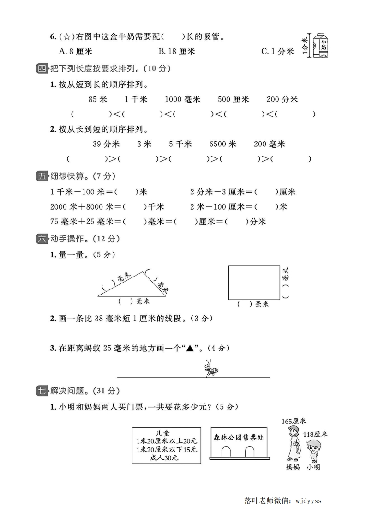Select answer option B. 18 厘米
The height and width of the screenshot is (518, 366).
[x=176, y=52]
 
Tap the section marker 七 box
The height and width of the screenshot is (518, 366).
[x=42, y=391]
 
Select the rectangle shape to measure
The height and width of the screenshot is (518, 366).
[x=254, y=283]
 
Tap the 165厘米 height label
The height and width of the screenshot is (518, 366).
[x=294, y=421]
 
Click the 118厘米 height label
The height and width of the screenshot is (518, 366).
[x=315, y=434]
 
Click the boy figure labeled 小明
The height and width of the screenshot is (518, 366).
[x=313, y=450]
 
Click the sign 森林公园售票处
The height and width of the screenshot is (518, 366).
[x=238, y=437]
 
